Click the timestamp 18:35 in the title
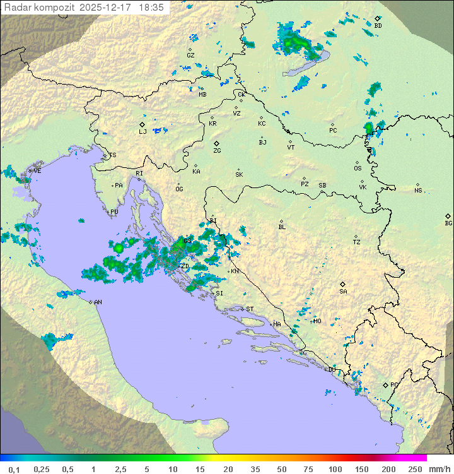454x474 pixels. (x=152, y=8)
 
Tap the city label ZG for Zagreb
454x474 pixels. (x=217, y=151)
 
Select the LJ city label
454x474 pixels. (x=143, y=131)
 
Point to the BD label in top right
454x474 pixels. (x=378, y=26)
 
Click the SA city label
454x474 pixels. (x=343, y=291)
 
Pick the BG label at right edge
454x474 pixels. (x=448, y=223)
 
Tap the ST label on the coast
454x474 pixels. (x=250, y=309)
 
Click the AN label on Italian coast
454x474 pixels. (x=98, y=302)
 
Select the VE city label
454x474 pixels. (x=37, y=171)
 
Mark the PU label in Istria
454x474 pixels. (x=114, y=212)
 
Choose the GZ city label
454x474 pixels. (x=190, y=56)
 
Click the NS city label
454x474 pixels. (x=418, y=191)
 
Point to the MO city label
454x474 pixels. (x=317, y=321)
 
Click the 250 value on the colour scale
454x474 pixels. (x=415, y=469)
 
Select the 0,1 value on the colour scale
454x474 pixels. (x=13, y=469)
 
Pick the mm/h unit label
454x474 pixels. (x=439, y=469)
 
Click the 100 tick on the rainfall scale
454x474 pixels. (x=335, y=469)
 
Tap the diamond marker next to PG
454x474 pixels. (x=385, y=384)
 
